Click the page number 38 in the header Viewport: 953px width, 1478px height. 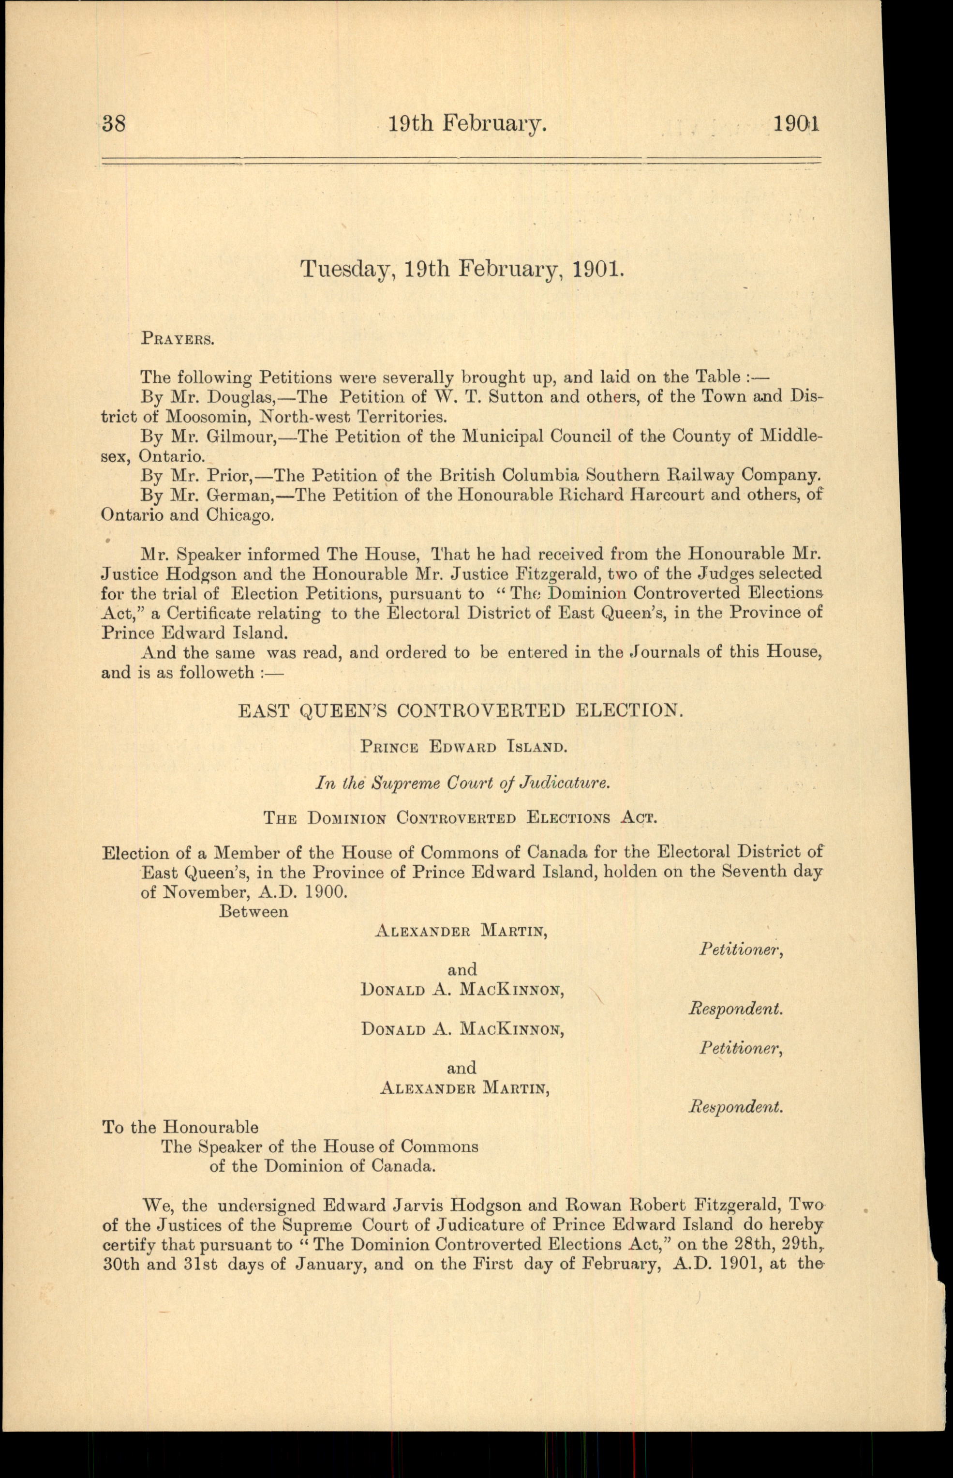(114, 124)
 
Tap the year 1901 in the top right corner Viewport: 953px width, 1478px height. (796, 124)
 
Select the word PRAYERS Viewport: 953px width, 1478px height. (178, 339)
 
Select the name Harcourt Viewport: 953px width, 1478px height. (633, 495)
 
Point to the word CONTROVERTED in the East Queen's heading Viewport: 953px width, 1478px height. (481, 710)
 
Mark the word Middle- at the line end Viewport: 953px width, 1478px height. (791, 437)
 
